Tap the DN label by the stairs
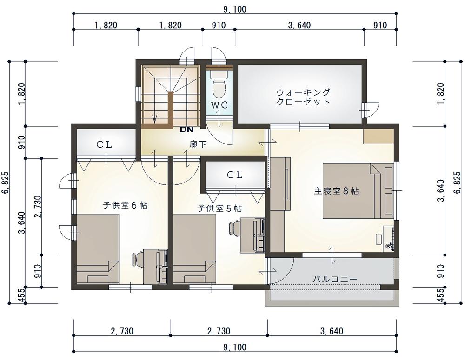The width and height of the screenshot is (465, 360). coord(186,130)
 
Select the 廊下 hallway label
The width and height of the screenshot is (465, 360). coord(198,144)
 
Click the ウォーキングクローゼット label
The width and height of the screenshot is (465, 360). coord(303,97)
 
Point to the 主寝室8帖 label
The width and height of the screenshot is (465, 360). coord(336,191)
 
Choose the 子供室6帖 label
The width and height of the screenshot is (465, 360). coord(125,205)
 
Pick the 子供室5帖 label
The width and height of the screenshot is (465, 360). coord(219,208)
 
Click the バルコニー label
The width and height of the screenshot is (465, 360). coord(335,279)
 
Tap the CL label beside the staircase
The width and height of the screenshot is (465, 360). coord(104,144)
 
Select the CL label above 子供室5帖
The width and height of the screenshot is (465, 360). coord(235,175)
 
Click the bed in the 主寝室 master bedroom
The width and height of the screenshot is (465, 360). coord(359,190)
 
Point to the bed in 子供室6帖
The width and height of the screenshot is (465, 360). coord(98,249)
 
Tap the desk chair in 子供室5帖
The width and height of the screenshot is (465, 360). coord(234,228)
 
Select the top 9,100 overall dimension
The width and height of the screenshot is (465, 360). coord(234,9)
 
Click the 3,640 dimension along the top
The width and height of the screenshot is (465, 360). coord(299,25)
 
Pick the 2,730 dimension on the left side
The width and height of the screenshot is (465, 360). coord(38,207)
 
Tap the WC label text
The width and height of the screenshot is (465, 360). coord(219,105)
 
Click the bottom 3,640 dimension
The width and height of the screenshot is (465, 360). coord(332,331)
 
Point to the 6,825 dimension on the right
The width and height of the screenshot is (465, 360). coord(458,183)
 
